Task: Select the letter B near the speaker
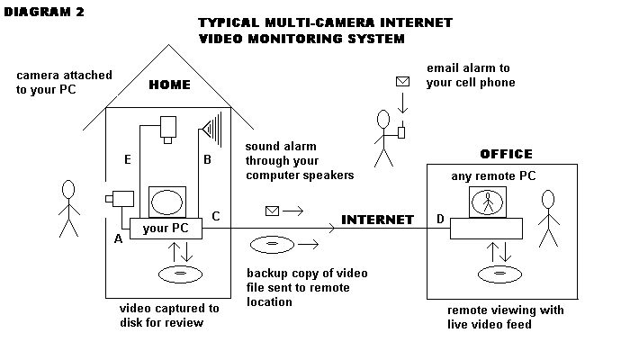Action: (x=207, y=160)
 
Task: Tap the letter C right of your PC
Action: (x=215, y=217)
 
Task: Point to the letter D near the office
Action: (x=439, y=220)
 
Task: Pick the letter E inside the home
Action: (x=129, y=160)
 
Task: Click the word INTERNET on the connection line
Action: (x=377, y=220)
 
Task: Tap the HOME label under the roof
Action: (x=168, y=85)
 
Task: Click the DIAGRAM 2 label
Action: (x=42, y=13)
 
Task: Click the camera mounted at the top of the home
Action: (x=167, y=129)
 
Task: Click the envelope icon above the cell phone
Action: (x=402, y=82)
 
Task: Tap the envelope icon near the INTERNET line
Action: (x=273, y=211)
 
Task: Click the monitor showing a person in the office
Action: (x=487, y=202)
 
